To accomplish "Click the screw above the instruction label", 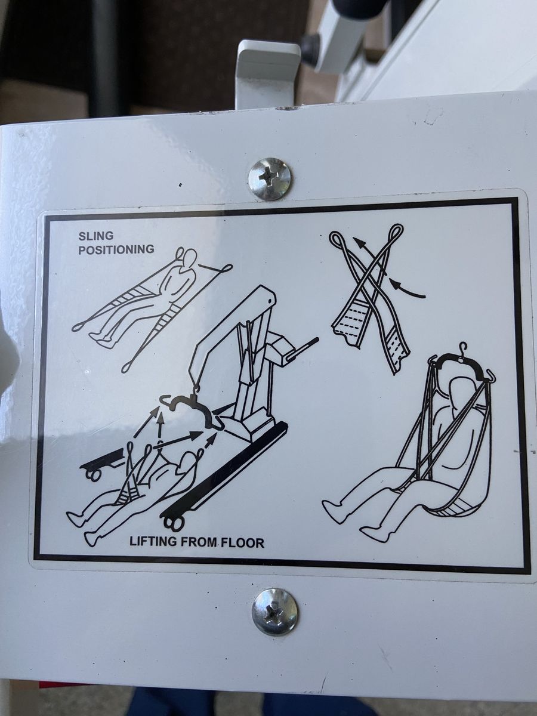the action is click(x=270, y=179).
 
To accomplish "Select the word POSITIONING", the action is click(x=117, y=249).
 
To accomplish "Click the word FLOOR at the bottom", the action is click(x=243, y=543).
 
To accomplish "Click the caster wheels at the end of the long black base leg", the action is click(x=173, y=521).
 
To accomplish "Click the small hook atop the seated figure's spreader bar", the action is click(x=461, y=348).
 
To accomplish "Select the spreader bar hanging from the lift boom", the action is click(x=192, y=410).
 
